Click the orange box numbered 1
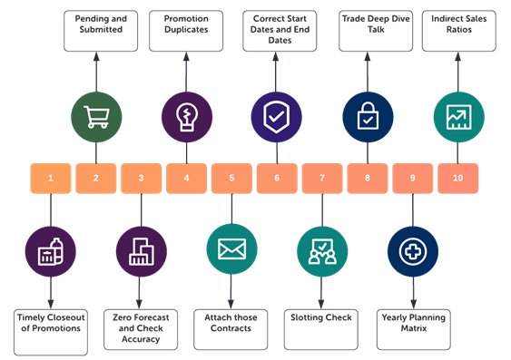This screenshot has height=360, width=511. coord(50,178)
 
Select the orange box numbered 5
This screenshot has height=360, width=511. coord(231,178)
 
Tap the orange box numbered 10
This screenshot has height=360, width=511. coord(458,178)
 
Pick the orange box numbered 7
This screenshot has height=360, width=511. coord(322,178)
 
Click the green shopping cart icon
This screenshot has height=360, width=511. coord(96,117)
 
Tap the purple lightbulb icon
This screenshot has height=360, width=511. coord(186,117)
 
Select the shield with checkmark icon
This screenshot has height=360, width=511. coord(277,117)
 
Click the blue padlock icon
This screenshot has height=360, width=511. coord(368,117)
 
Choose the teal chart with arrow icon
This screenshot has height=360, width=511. coord(457,117)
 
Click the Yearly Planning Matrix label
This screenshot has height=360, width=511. coord(413,324)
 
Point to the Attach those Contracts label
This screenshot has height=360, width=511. coord(231,324)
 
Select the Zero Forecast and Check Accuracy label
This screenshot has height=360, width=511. coord(141,324)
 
